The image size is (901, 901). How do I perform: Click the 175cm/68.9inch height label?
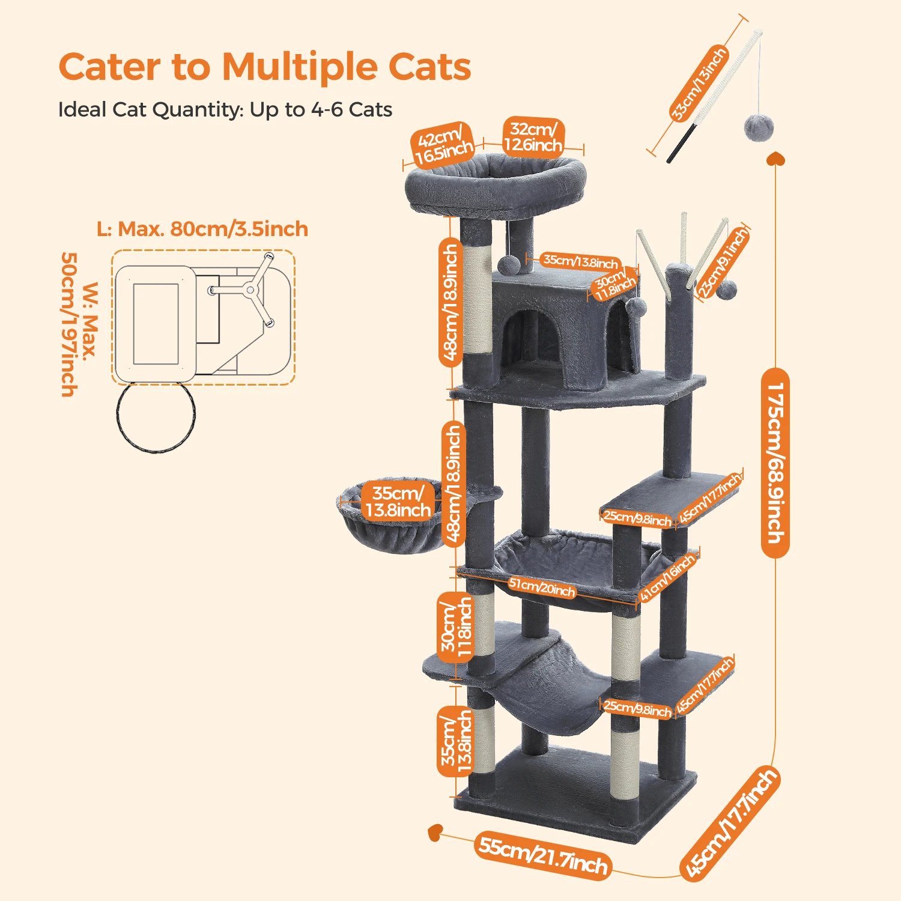(x=775, y=463)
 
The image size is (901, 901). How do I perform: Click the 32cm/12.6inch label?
(x=533, y=138)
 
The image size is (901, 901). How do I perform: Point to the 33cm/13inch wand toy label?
(x=699, y=84)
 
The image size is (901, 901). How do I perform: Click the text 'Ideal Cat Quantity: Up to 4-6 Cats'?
(x=225, y=110)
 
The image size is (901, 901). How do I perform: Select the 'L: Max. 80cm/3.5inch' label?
(x=202, y=229)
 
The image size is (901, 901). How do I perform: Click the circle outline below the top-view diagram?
(x=156, y=417)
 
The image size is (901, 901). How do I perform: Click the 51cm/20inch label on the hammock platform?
(x=542, y=587)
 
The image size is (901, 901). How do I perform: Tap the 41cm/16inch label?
(x=667, y=577)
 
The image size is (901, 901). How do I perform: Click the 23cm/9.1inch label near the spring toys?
(x=723, y=262)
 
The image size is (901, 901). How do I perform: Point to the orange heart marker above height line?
(x=775, y=158)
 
